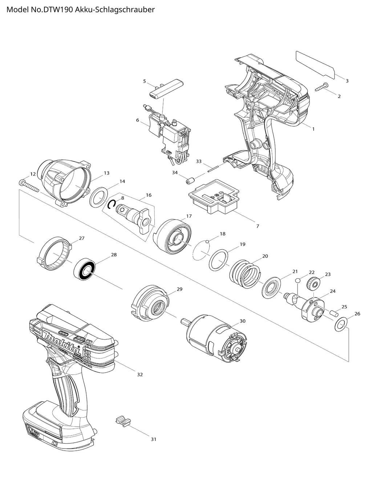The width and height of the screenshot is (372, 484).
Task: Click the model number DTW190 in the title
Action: click(58, 10)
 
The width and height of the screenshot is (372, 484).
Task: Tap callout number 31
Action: click(153, 439)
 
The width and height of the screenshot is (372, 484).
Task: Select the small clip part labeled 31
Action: click(122, 421)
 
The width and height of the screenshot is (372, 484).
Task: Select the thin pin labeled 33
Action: click(213, 167)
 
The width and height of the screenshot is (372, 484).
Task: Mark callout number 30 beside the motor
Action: click(243, 321)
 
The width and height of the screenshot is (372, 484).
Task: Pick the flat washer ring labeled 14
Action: click(98, 196)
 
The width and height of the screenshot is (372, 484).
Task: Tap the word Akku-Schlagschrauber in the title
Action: click(115, 10)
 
